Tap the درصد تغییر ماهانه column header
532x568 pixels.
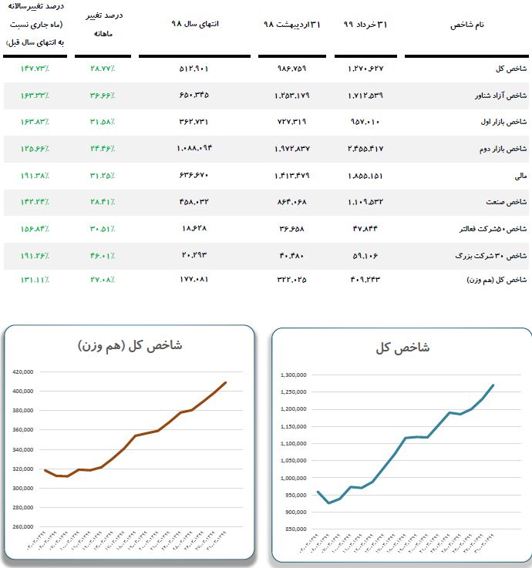point(108,25)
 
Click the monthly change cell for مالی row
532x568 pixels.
point(103,176)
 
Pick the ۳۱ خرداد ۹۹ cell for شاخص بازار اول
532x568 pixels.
point(365,122)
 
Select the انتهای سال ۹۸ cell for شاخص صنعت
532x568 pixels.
point(194,202)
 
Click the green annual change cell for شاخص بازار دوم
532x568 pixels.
point(35,149)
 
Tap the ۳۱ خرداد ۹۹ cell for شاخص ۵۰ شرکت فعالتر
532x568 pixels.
point(365,229)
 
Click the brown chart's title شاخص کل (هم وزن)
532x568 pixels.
point(130,345)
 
